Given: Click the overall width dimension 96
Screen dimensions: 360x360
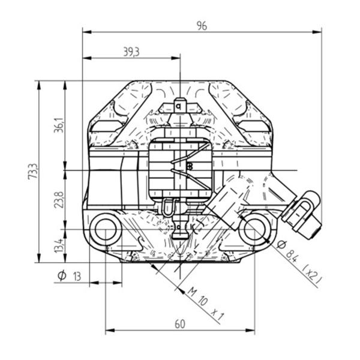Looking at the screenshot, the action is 202,26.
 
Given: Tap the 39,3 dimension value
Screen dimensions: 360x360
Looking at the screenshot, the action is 131,52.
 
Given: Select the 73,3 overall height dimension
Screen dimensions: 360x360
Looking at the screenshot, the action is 32,171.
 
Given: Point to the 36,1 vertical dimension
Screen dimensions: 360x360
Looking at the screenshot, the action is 58,125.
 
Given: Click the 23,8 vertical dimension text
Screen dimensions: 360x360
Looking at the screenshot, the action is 58,200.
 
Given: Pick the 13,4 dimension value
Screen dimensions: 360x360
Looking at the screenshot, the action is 58,245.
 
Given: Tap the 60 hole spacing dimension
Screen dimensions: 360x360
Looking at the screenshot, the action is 180,324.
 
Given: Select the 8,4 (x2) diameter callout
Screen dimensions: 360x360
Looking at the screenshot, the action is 298,260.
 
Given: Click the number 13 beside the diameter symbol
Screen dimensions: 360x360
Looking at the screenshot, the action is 77,277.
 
